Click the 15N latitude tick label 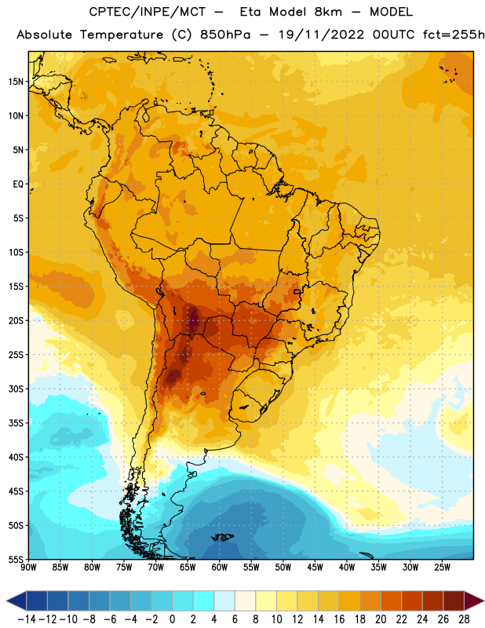pyautogui.click(x=16, y=82)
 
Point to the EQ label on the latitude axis pyautogui.click(x=18, y=184)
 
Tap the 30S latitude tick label pyautogui.click(x=16, y=389)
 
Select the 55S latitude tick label pyautogui.click(x=16, y=560)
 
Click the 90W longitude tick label pyautogui.click(x=28, y=568)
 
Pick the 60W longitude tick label pyautogui.click(x=220, y=568)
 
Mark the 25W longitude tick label pyautogui.click(x=442, y=568)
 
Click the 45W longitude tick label pyautogui.click(x=315, y=568)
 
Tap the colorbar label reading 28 pyautogui.click(x=464, y=619)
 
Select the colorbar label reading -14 pyautogui.click(x=27, y=619)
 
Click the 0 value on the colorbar pyautogui.click(x=172, y=619)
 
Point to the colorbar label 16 pyautogui.click(x=339, y=619)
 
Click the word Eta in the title pyautogui.click(x=250, y=12)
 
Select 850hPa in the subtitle pyautogui.click(x=225, y=35)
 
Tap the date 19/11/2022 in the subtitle pyautogui.click(x=321, y=35)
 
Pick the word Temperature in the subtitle pyautogui.click(x=122, y=35)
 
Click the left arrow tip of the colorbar pyautogui.click(x=6, y=601)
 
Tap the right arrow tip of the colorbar pyautogui.click(x=484, y=601)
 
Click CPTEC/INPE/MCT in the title pyautogui.click(x=147, y=12)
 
